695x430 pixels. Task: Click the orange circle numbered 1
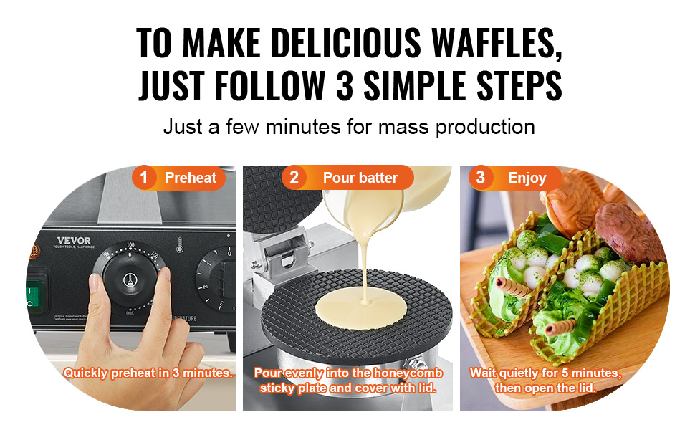pos(144,178)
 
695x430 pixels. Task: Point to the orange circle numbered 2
pos(294,178)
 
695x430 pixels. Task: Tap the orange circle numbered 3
pos(480,178)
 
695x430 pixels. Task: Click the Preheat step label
pos(190,178)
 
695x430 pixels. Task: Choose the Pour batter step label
pos(360,178)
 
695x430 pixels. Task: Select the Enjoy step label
pos(527,178)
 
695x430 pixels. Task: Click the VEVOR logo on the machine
pos(76,240)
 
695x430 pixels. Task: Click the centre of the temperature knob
pos(130,282)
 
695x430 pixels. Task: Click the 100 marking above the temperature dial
pos(130,245)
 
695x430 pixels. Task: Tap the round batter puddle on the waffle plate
pos(365,310)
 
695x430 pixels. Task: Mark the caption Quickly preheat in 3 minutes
pos(148,373)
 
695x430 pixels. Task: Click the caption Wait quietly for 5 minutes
pos(545,373)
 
